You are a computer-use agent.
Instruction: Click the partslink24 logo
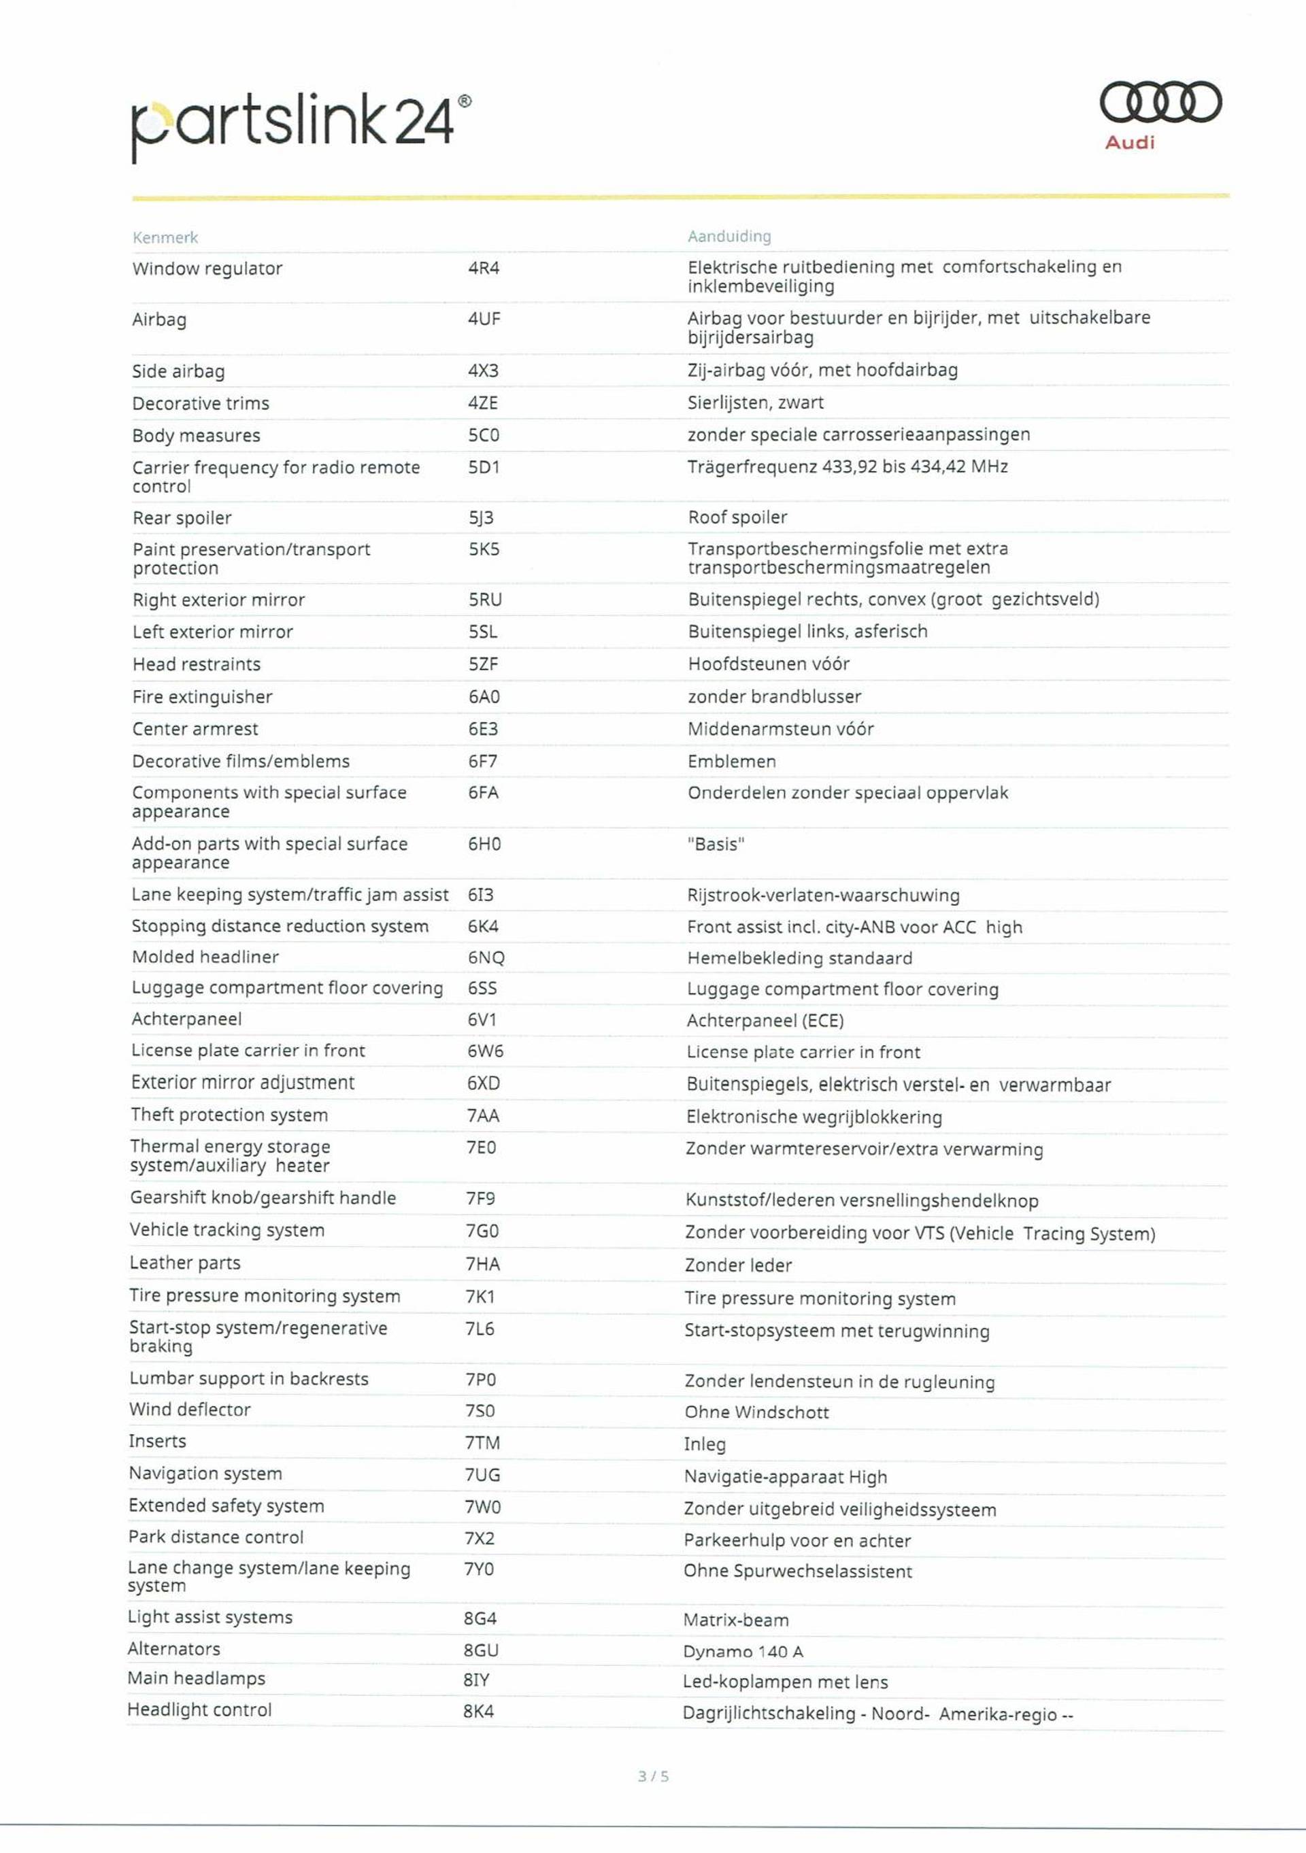pyautogui.click(x=300, y=125)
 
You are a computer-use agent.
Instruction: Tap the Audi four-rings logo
pyautogui.click(x=1160, y=103)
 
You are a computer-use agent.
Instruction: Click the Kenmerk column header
pyautogui.click(x=165, y=237)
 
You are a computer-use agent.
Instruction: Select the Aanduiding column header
pyautogui.click(x=729, y=237)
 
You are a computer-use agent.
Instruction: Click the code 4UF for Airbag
pyautogui.click(x=484, y=319)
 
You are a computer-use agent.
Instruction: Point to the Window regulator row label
pyautogui.click(x=207, y=269)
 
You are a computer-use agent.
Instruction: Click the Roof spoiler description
pyautogui.click(x=737, y=517)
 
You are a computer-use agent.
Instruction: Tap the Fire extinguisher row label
pyautogui.click(x=202, y=696)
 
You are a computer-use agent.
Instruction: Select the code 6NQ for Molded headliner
pyautogui.click(x=485, y=958)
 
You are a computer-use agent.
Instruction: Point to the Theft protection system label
pyautogui.click(x=229, y=1115)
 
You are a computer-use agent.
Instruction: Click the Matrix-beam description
pyautogui.click(x=735, y=1620)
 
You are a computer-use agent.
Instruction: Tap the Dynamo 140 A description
pyautogui.click(x=743, y=1651)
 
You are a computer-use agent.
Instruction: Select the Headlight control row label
pyautogui.click(x=199, y=1710)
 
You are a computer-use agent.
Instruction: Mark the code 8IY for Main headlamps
pyautogui.click(x=476, y=1680)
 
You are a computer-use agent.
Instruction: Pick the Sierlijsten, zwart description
pyautogui.click(x=755, y=403)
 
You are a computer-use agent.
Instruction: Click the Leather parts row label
pyautogui.click(x=185, y=1263)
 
